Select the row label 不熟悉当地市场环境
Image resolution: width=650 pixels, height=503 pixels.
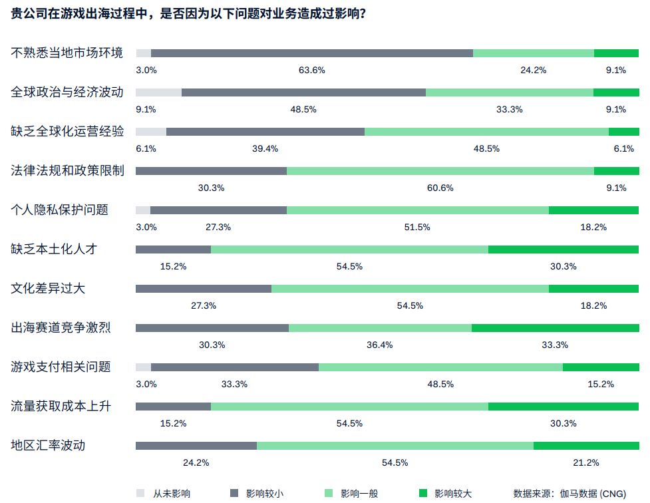coord(67,53)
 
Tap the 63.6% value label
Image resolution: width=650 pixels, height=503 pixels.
coord(311,70)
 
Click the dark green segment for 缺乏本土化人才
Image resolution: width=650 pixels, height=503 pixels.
coord(564,250)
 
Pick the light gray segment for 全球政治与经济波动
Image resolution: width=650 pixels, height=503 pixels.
coord(158,92)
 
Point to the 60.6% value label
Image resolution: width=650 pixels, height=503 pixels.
coord(440,188)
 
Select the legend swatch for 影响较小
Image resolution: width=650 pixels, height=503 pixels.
coord(234,493)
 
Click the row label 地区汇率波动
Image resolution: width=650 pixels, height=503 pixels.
coord(49,445)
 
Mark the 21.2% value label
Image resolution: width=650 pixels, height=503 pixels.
coord(586,462)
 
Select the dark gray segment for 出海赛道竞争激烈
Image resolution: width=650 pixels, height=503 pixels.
coord(212,328)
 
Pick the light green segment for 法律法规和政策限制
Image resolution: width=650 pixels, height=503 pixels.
coord(440,171)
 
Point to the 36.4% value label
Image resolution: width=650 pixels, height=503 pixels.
coord(380,345)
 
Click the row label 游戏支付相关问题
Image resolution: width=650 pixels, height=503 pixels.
coord(61,367)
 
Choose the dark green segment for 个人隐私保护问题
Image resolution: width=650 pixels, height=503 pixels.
coord(593,210)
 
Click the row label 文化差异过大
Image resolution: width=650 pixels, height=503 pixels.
coord(49,288)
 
